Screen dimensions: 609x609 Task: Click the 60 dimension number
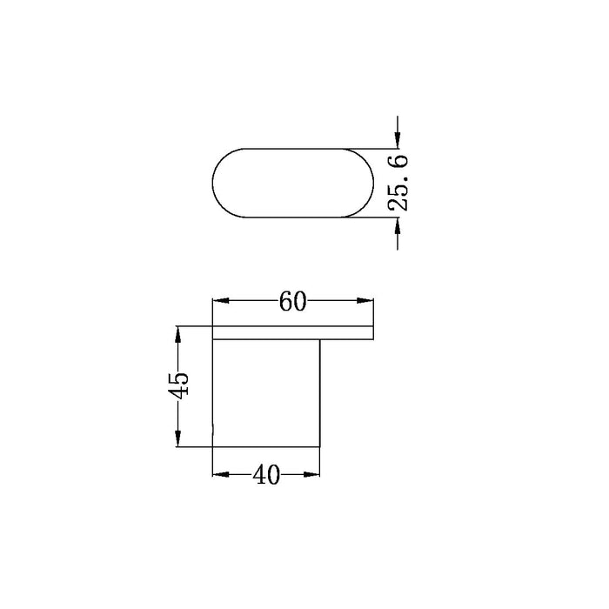(292, 301)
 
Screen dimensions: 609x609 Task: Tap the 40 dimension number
(266, 475)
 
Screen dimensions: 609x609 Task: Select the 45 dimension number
(178, 385)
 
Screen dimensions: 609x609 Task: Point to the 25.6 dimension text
(398, 183)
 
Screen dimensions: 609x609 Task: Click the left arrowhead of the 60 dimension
(221, 301)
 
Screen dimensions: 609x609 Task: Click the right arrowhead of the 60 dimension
(365, 301)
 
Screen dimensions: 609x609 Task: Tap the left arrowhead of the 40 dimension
(221, 474)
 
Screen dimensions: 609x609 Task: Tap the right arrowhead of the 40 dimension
(311, 474)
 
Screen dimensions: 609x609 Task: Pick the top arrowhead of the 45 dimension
(177, 334)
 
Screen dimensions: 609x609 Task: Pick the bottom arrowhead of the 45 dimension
(177, 438)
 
